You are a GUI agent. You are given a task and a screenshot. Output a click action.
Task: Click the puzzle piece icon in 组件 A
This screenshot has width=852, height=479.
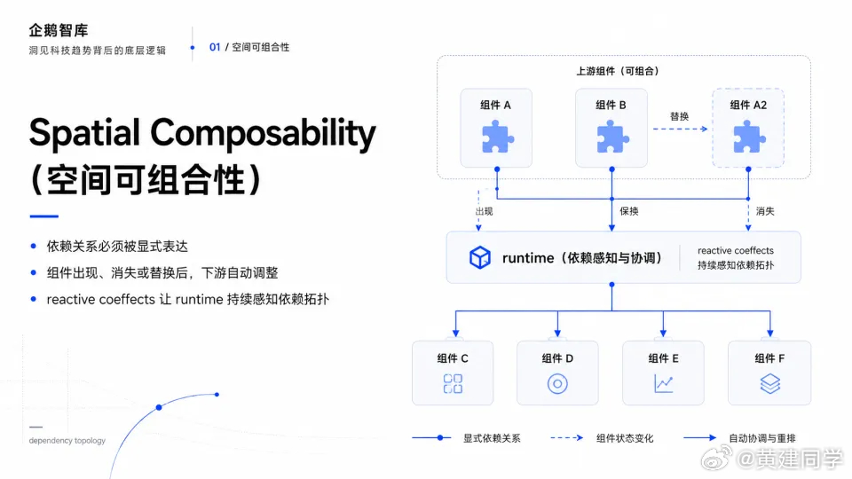point(497,138)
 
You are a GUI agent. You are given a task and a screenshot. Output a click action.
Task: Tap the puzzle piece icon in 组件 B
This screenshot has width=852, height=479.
point(612,137)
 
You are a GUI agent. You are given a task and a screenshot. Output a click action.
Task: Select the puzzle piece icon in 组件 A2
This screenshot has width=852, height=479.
point(749,137)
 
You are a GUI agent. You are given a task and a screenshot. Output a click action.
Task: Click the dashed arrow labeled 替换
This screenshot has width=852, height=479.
point(680,130)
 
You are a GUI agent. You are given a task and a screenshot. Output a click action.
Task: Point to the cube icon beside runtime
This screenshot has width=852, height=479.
point(480,257)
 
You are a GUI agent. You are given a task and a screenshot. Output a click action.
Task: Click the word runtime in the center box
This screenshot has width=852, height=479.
point(527,258)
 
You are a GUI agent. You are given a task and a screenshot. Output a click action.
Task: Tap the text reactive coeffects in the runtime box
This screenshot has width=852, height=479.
point(735,250)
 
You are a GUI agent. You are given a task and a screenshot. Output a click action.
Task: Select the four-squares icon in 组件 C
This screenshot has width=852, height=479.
point(453,383)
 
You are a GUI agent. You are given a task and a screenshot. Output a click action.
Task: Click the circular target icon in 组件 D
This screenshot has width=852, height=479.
point(557,384)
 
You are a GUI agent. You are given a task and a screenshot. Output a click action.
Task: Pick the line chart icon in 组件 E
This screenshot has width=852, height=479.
point(664,384)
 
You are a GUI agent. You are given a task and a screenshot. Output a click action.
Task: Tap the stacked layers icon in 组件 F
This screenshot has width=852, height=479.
point(770,383)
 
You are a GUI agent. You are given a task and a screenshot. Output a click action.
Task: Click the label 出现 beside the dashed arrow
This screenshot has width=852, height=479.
point(485,211)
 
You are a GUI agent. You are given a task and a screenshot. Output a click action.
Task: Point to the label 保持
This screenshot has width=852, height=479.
point(629,211)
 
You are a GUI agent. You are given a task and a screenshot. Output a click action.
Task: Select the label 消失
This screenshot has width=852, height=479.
point(765,211)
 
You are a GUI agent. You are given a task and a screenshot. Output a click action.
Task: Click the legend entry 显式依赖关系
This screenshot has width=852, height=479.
point(492,438)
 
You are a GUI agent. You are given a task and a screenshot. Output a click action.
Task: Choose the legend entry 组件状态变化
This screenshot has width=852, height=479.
point(625,438)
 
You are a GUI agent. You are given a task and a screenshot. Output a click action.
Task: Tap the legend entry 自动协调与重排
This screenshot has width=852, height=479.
point(762,438)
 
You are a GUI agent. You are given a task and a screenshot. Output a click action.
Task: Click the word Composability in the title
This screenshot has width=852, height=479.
point(263,133)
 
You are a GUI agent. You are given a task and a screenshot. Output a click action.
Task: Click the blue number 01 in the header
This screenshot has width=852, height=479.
point(215,47)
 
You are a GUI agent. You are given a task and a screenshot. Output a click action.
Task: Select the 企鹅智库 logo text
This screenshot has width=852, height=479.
point(59,30)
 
